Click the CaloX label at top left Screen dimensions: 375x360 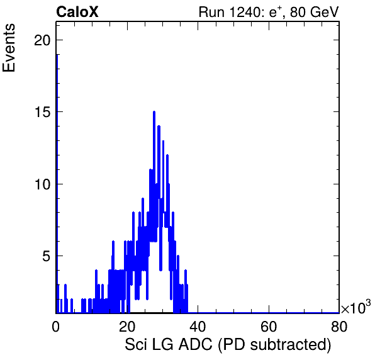pos(77,12)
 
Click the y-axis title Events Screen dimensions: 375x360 pos(9,48)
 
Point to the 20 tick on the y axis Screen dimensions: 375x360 pos(42,40)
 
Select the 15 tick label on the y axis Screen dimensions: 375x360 pos(42,112)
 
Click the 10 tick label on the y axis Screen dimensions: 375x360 pos(42,184)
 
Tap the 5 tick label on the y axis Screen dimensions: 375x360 pos(47,256)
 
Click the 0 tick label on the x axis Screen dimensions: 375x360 pos(56,327)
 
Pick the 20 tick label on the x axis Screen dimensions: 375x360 pos(126,327)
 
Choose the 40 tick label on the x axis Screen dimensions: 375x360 pos(198,327)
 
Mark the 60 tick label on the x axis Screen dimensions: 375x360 pos(268,327)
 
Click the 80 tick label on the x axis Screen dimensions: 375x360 pos(339,327)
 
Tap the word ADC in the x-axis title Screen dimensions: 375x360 pos(195,344)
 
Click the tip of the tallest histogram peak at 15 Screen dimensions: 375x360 pos(154,111)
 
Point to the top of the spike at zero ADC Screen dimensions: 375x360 pos(57,55)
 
